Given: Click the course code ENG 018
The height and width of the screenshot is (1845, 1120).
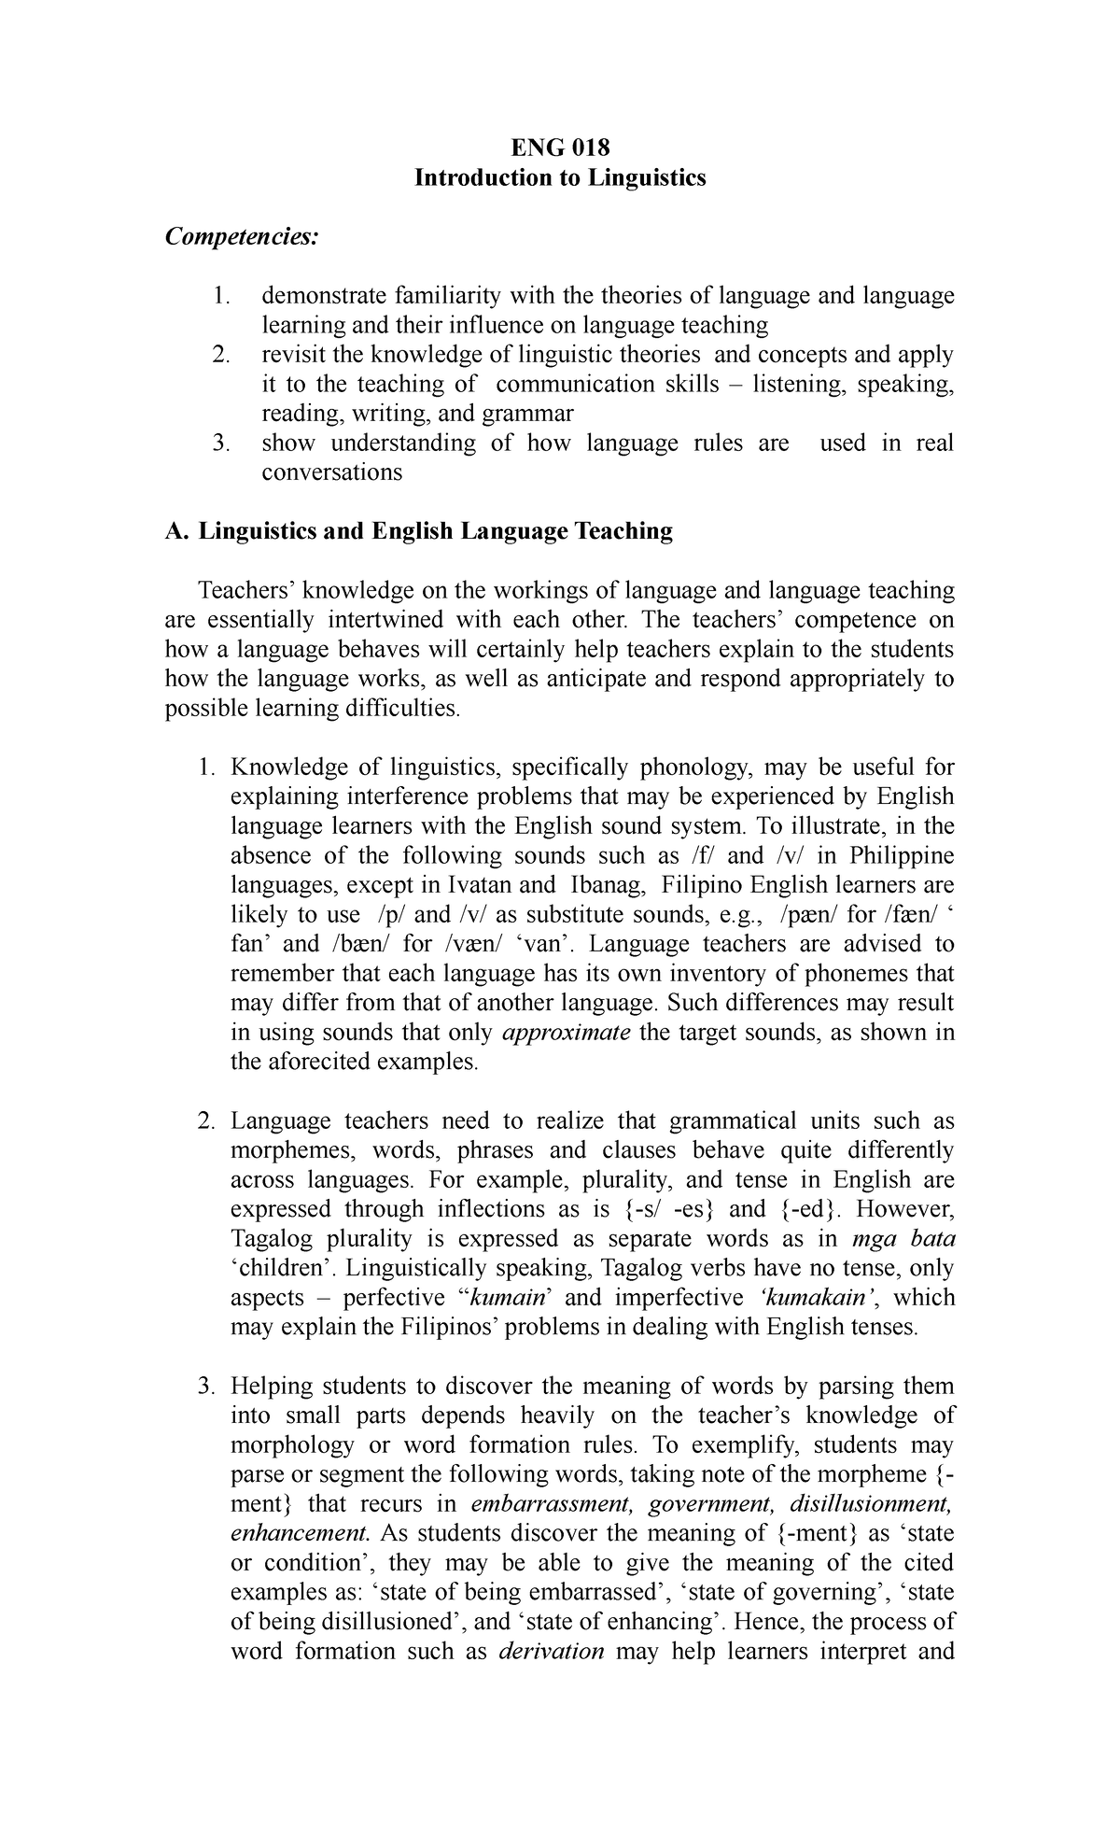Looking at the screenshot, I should pyautogui.click(x=560, y=148).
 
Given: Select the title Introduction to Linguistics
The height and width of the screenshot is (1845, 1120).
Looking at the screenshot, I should pyautogui.click(x=560, y=177).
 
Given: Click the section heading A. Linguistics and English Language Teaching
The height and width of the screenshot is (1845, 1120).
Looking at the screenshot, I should pyautogui.click(x=418, y=531).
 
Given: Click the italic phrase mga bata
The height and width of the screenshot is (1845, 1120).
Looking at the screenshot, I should pyautogui.click(x=903, y=1239).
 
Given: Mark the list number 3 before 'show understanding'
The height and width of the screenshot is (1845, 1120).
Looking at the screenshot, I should pyautogui.click(x=220, y=444).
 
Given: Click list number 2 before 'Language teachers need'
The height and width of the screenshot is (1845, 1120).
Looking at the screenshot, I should pyautogui.click(x=206, y=1120).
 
